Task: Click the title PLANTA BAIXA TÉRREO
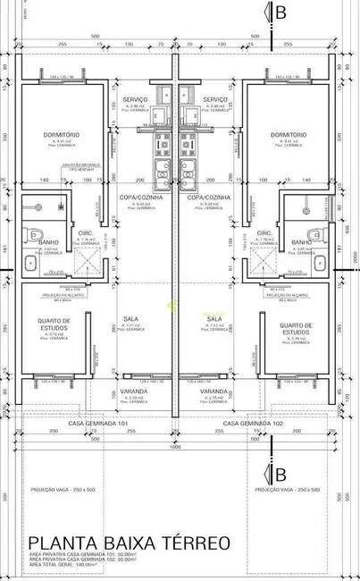click(130, 542)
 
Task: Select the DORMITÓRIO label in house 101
click(62, 134)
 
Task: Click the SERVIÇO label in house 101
click(137, 99)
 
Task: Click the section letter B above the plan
click(281, 13)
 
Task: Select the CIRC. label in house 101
click(85, 232)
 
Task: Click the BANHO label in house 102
click(301, 242)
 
